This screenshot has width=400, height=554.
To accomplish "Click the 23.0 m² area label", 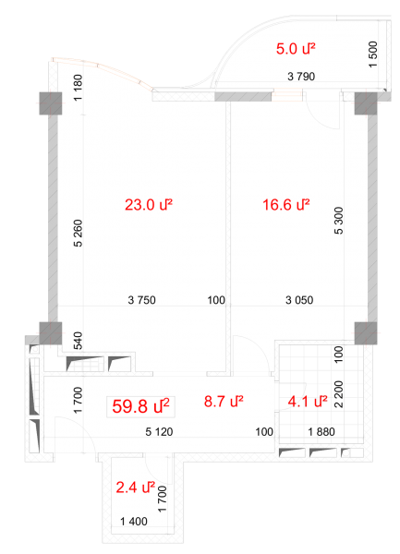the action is click(x=149, y=205).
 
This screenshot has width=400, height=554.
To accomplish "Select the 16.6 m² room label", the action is click(x=285, y=205).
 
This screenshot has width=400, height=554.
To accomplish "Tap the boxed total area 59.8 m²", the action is click(x=140, y=406).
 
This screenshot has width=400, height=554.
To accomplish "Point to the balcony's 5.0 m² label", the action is click(x=296, y=49).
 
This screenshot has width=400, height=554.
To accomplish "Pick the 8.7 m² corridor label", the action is click(x=224, y=402).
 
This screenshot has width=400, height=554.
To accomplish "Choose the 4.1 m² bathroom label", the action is click(x=308, y=402).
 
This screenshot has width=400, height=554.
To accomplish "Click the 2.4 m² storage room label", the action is click(x=136, y=488).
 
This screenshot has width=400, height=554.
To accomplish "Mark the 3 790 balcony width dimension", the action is click(x=301, y=77).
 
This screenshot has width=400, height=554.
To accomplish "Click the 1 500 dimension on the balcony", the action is click(x=373, y=54).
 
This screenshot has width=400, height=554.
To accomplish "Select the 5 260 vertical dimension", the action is click(x=79, y=234).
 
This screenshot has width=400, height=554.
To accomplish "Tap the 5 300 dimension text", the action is click(x=338, y=221).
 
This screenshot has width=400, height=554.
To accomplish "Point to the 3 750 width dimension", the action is click(x=141, y=300).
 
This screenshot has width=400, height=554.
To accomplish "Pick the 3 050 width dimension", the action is click(x=299, y=300).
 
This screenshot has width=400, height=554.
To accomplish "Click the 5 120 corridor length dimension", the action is click(x=159, y=432).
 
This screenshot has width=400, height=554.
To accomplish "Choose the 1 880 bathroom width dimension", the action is click(x=321, y=432).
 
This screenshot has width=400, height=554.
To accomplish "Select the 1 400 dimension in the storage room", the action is click(x=134, y=522).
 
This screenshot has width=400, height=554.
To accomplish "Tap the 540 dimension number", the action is click(x=79, y=341).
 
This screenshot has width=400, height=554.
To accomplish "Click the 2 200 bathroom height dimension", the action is click(x=338, y=394).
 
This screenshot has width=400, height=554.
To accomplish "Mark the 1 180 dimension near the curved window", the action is click(x=79, y=88).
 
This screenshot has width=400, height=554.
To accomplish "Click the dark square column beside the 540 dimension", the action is click(x=51, y=333).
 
